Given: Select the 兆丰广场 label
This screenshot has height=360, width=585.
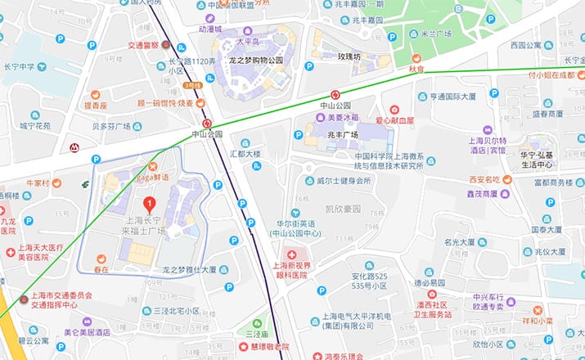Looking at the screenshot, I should (344, 133).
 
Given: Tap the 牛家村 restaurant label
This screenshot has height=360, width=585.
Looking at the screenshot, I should (38, 182).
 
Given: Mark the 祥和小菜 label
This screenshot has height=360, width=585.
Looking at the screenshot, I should (560, 321).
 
